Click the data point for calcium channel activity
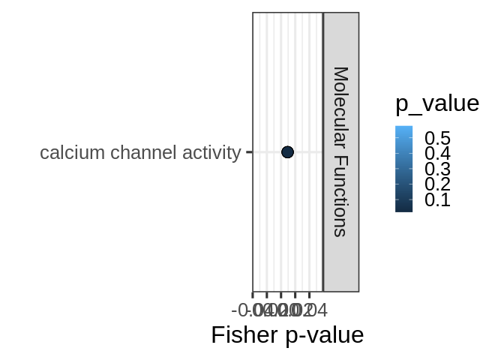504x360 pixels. pyautogui.click(x=287, y=152)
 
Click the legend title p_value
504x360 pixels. pyautogui.click(x=436, y=104)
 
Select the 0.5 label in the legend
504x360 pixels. pyautogui.click(x=437, y=138)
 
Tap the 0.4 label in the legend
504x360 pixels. pyautogui.click(x=437, y=153)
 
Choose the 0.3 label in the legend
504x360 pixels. pyautogui.click(x=437, y=169)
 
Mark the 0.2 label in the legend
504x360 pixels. pyautogui.click(x=437, y=184)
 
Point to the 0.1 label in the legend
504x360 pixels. pyautogui.click(x=437, y=199)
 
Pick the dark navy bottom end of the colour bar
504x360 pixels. pyautogui.click(x=403, y=210)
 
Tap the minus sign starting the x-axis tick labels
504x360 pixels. pyautogui.click(x=235, y=310)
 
